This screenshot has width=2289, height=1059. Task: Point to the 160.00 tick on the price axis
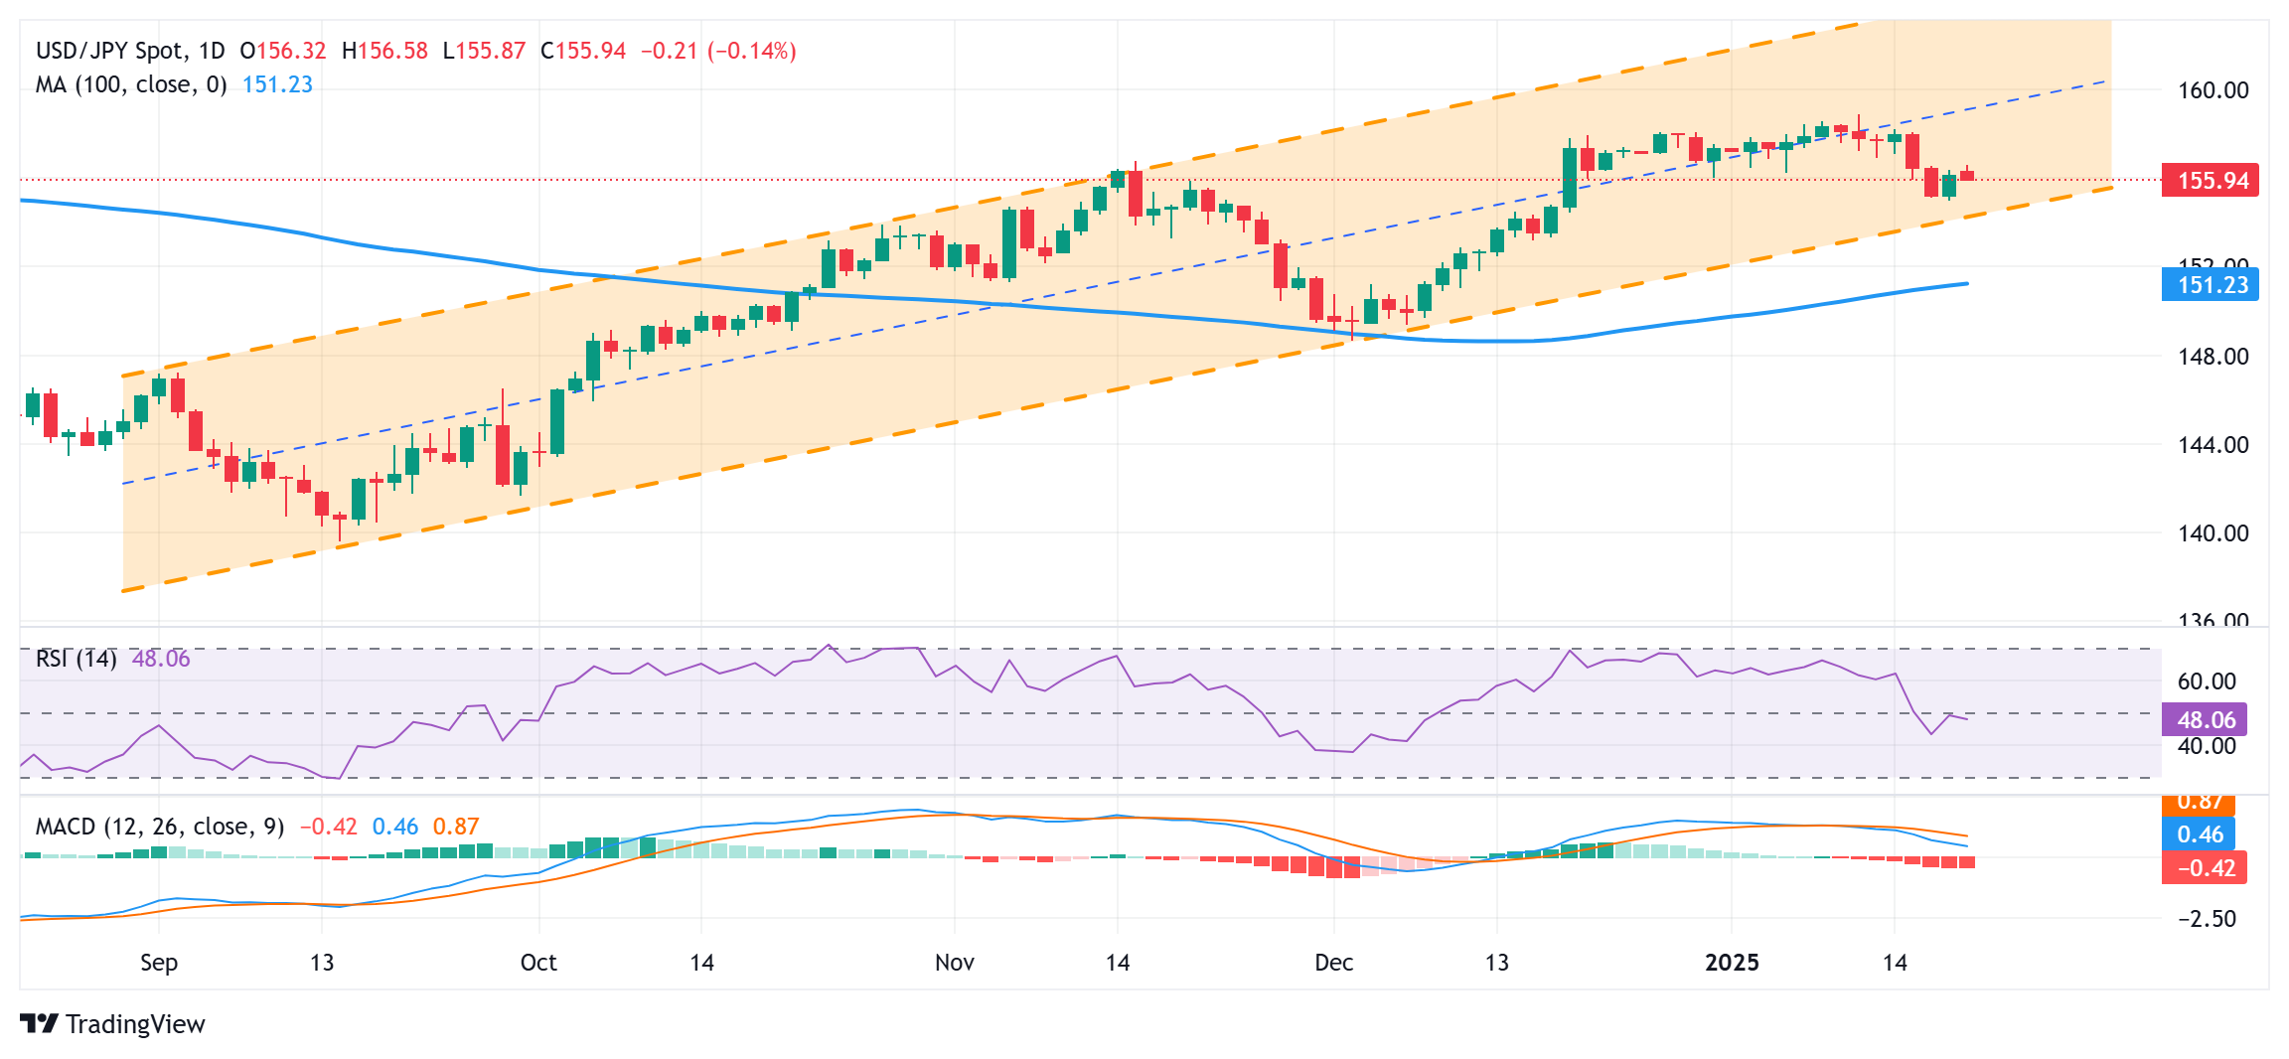coord(2213,90)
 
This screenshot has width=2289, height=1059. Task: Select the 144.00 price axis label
coord(2213,445)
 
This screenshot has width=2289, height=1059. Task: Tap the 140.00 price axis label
coord(2213,533)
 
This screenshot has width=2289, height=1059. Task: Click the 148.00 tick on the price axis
coord(2213,357)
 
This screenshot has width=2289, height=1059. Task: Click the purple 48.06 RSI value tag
coord(2205,719)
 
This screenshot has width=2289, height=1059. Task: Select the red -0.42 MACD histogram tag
coord(2205,867)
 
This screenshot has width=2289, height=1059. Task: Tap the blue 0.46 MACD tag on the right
coord(2199,834)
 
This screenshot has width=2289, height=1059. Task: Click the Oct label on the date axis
coord(538,962)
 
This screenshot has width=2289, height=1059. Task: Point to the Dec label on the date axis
coord(1333,962)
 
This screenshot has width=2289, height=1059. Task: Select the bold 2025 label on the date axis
coord(1732,962)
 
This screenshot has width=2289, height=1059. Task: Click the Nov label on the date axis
coord(954,962)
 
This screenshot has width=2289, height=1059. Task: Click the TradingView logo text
coord(134,1024)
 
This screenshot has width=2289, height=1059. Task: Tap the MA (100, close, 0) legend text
coord(131,84)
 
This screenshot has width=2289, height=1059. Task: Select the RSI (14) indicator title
coord(76,659)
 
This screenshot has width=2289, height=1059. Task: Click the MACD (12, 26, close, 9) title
coord(160,827)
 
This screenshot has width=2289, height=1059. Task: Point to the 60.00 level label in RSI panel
coord(2207,681)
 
